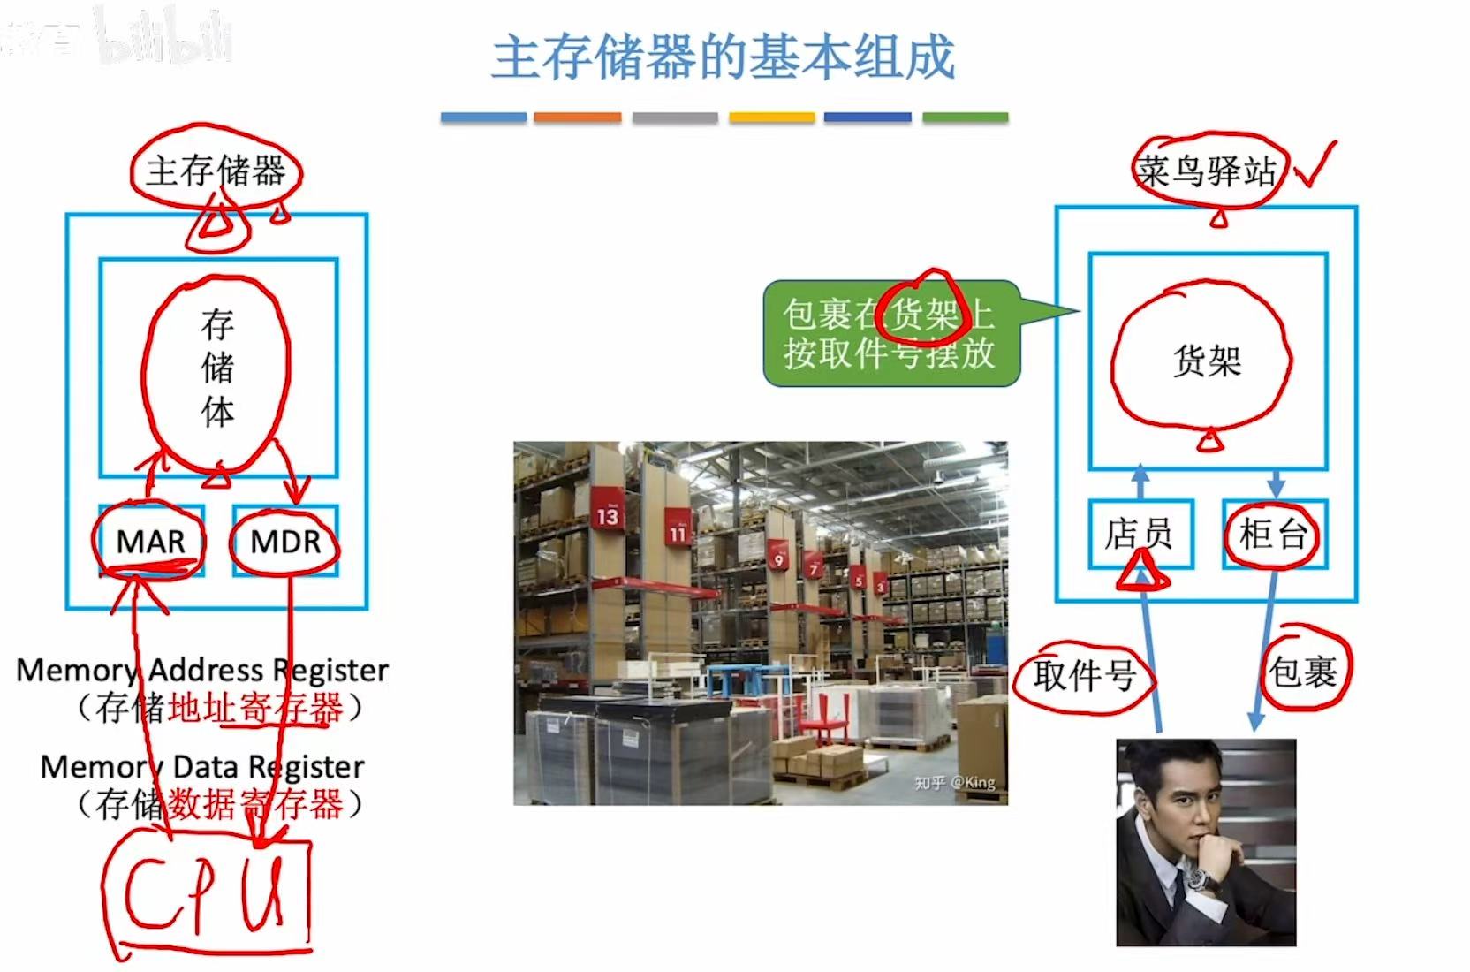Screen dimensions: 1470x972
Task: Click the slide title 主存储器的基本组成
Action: tap(723, 58)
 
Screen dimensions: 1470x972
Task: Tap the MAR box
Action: tap(151, 541)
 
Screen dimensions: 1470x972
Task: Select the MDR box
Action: tap(284, 541)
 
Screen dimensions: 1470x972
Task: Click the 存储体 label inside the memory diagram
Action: tap(217, 368)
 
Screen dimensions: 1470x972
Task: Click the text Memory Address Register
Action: tap(202, 670)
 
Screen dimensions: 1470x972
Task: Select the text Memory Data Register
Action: tap(202, 766)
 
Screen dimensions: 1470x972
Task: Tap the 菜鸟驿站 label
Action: tap(1207, 171)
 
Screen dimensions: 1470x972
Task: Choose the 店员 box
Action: tap(1140, 534)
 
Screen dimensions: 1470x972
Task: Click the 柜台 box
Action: tap(1273, 534)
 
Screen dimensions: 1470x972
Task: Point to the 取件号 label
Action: tap(1084, 676)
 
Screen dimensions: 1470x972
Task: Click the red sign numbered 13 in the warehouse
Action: tap(608, 514)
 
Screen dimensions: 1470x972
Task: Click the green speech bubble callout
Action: tap(890, 333)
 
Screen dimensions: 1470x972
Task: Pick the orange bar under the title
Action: tap(577, 118)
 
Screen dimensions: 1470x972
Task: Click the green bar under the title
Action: tap(965, 118)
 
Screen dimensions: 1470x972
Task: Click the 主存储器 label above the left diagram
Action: tap(216, 171)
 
